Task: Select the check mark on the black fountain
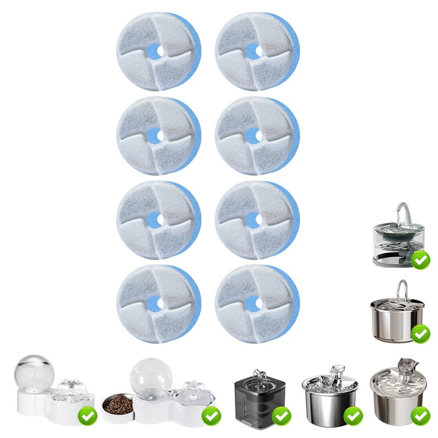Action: (x=281, y=416)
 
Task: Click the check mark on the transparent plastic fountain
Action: (x=420, y=260)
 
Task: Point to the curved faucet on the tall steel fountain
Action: (x=401, y=289)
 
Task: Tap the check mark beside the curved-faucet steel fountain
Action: (x=420, y=333)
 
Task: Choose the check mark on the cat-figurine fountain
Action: (x=420, y=416)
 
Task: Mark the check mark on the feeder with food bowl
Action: (x=211, y=416)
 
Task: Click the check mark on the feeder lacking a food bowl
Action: (x=88, y=416)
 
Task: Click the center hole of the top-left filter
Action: (x=156, y=50)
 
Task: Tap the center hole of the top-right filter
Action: (x=254, y=50)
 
